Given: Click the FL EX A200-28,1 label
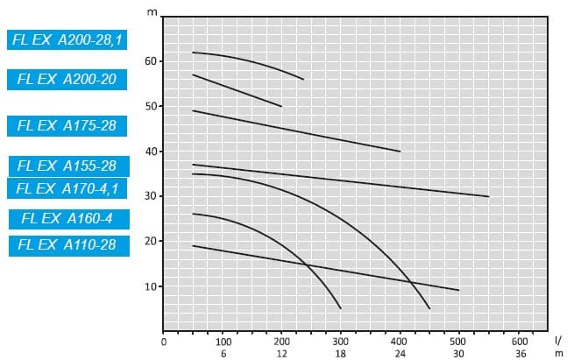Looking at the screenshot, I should coord(67,39).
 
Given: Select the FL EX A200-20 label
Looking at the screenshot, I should coord(67,79).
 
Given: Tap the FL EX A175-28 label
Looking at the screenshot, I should coord(67,125).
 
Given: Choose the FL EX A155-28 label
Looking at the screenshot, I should coord(67,166).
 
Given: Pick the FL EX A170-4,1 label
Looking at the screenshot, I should coord(67,187).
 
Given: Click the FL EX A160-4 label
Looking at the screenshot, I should coord(67,219).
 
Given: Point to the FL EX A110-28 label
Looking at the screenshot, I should coord(67,244).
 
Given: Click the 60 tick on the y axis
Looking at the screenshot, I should coord(151,61).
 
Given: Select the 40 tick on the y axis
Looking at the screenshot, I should coord(151,152).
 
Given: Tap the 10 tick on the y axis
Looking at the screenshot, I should coord(151,286).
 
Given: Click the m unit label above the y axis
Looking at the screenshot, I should coord(152,14).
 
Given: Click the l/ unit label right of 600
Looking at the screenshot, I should coord(558,340).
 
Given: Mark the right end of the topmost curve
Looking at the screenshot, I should coord(304,80).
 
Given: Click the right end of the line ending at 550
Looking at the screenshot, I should coord(488,196).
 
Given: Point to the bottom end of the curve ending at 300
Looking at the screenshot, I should coord(340,308).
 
